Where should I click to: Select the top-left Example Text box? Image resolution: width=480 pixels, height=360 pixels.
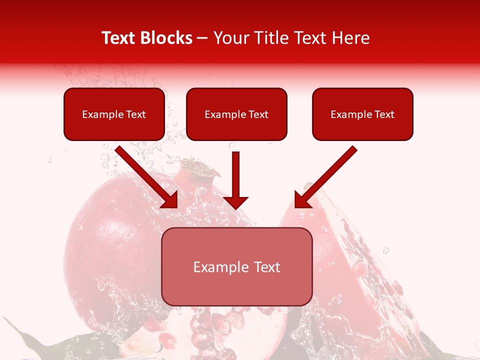coord(114,114)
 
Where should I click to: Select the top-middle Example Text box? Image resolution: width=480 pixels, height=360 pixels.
coord(236,114)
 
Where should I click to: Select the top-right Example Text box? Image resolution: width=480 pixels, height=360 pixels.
coord(362,114)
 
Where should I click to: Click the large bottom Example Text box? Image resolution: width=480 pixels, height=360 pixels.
coord(236,266)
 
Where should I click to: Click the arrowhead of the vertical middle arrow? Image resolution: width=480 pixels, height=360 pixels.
coord(235,202)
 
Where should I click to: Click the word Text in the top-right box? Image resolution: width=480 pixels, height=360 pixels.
coord(384,114)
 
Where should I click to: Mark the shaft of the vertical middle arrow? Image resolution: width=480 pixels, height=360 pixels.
coord(235,172)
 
